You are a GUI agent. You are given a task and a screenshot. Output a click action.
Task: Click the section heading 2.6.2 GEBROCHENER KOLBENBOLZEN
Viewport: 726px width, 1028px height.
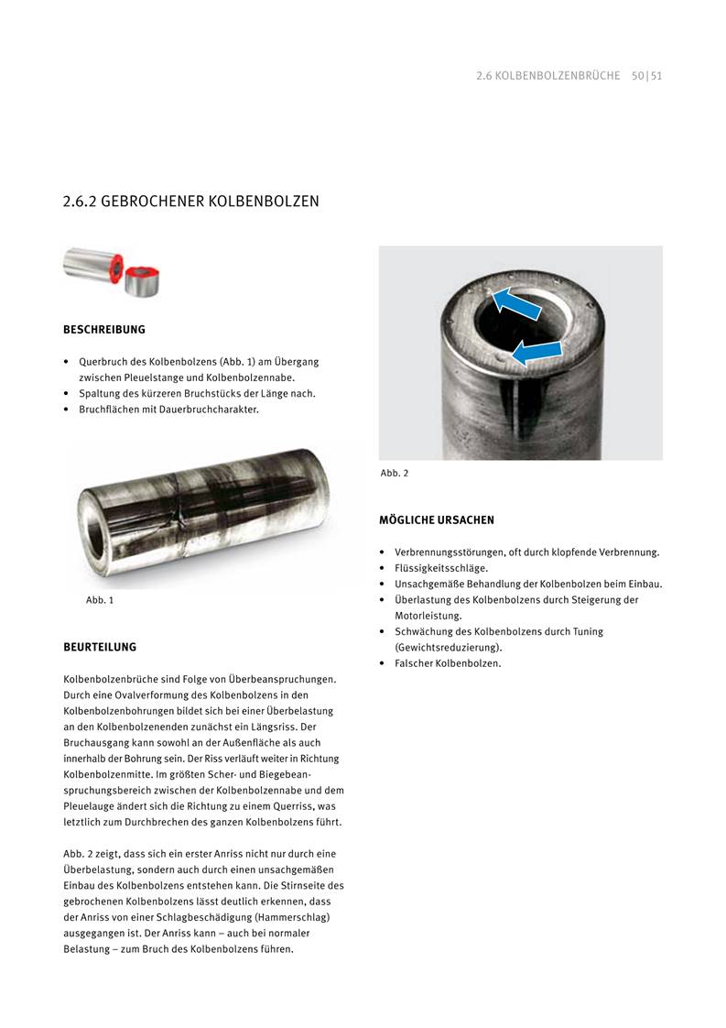click(x=190, y=201)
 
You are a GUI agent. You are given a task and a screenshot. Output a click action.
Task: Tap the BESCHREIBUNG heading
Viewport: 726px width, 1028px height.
click(x=103, y=329)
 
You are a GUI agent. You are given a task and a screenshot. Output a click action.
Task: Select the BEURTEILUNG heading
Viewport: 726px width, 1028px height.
click(x=99, y=647)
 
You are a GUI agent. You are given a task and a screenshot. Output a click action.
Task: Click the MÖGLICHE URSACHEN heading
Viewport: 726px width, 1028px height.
click(x=437, y=520)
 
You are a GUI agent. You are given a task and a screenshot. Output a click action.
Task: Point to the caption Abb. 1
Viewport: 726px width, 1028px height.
click(x=99, y=601)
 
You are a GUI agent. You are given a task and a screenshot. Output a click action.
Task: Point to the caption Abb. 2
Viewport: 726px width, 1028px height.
click(x=395, y=473)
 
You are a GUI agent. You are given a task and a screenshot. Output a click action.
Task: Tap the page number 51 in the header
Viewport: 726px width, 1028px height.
click(x=656, y=76)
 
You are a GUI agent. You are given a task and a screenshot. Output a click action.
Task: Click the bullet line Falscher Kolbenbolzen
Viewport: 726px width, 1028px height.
click(x=448, y=663)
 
